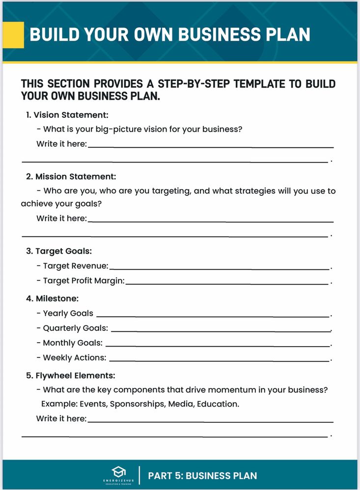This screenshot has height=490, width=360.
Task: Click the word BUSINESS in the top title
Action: point(219,34)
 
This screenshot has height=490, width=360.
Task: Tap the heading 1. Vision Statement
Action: point(67,115)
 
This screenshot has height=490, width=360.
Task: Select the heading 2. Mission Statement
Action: point(71,176)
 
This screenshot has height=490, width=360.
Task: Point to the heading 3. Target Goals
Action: point(59,251)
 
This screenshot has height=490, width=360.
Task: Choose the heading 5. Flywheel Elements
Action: point(71,376)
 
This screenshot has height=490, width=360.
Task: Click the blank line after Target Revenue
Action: point(220,269)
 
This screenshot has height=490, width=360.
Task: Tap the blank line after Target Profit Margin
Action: point(227,283)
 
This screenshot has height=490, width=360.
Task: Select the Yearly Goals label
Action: point(68,313)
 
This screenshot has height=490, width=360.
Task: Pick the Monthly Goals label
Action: point(73,343)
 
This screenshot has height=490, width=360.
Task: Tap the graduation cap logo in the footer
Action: point(119,472)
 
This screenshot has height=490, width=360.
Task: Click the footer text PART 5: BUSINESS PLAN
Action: point(202,475)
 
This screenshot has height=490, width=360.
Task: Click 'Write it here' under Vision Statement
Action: point(61,144)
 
